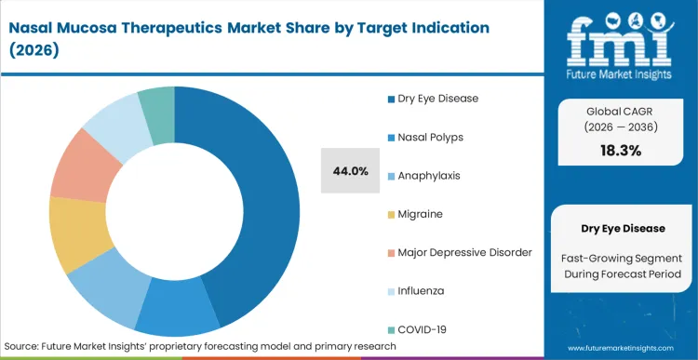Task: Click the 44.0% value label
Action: coord(351,171)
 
